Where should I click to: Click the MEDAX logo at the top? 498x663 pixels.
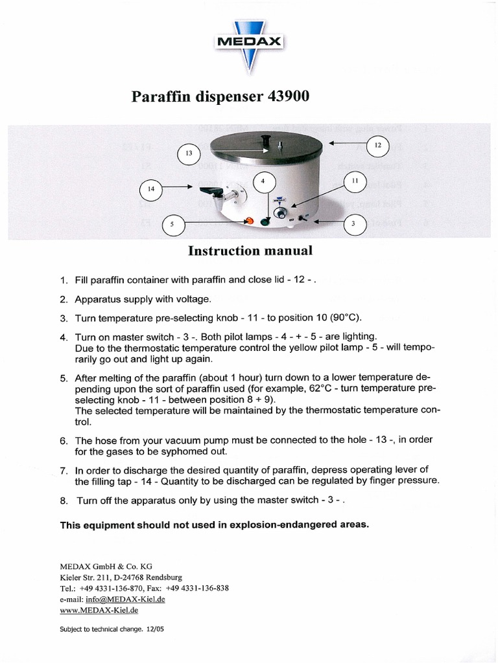249,42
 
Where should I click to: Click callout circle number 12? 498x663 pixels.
378,146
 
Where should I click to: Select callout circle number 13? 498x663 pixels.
189,154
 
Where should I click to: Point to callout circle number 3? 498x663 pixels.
353,224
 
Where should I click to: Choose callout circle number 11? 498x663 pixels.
355,182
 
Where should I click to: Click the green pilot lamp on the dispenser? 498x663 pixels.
264,223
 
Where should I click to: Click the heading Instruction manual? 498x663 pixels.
250,250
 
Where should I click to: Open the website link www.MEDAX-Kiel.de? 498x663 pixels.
99,610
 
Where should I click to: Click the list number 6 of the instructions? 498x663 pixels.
64,440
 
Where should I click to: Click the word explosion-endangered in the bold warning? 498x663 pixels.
272,525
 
